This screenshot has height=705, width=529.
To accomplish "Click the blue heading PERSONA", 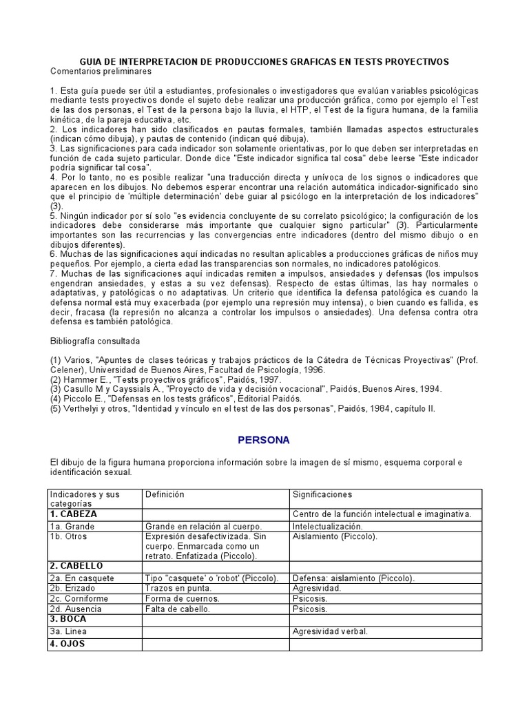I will coord(264,440).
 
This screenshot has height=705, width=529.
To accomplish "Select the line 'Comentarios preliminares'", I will coord(101,72).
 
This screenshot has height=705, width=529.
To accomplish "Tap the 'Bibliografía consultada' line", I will coord(95,341).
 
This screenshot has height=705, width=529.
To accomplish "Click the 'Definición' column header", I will coord(165,494).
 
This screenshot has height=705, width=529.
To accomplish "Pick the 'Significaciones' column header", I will coord(322,494).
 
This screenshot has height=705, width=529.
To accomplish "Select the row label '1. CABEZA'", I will coord(73,514).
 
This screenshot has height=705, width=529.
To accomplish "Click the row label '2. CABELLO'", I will coord(76,566).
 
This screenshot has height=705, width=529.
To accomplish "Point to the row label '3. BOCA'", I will coord(69,619).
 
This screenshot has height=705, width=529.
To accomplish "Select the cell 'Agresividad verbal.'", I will coord(331,631).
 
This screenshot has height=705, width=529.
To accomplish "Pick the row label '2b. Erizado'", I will coord(72,589).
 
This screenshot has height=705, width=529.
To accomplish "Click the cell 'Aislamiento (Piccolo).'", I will coord(335,536).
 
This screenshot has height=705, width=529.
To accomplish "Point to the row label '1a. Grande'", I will coord(72,526).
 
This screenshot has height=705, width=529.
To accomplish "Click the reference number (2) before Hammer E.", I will coord(56,379).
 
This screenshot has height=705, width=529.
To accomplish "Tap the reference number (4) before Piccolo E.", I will coord(56,399).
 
